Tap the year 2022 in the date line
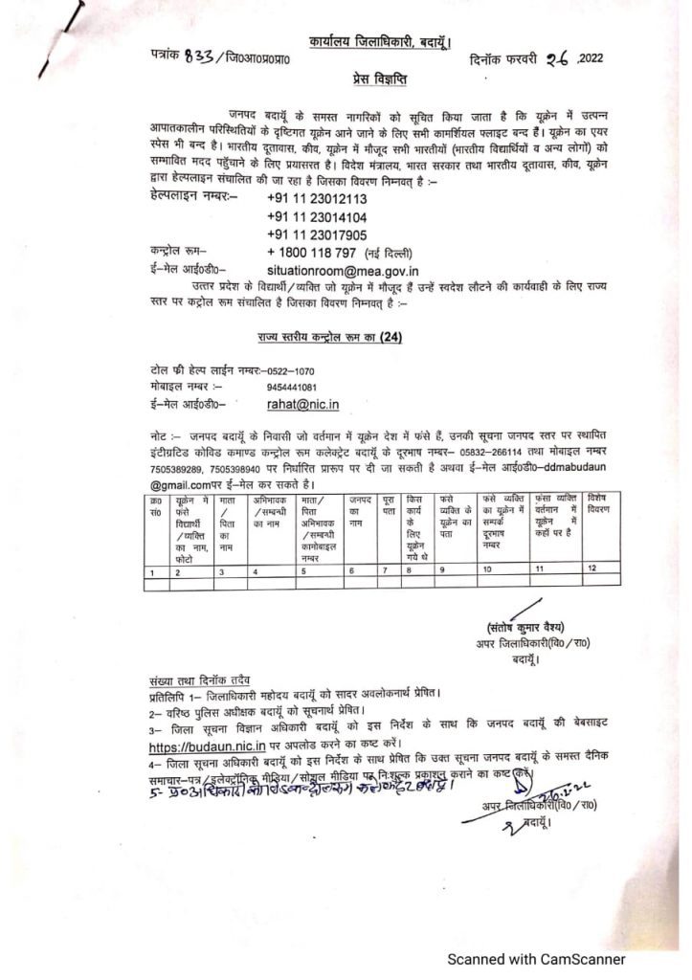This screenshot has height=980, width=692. pyautogui.click(x=594, y=58)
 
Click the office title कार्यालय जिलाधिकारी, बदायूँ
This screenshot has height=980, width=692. pyautogui.click(x=381, y=41)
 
